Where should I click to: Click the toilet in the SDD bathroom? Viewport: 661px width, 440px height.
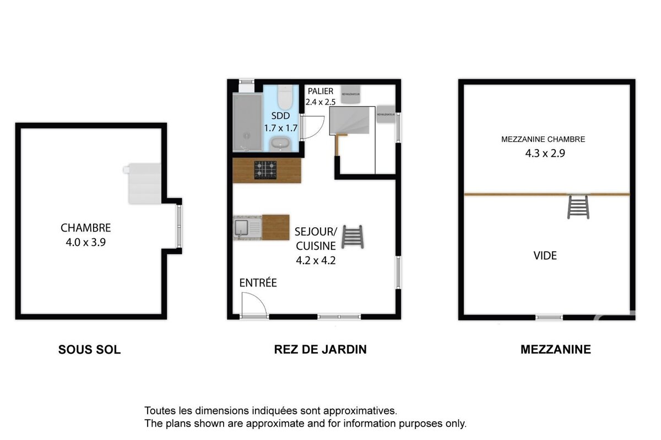click(285, 97)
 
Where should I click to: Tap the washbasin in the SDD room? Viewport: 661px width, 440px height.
click(281, 144)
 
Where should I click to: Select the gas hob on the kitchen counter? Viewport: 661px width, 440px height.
click(265, 170)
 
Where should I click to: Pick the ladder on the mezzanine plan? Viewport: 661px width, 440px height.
click(578, 207)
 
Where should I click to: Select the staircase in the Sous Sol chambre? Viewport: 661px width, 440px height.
click(143, 183)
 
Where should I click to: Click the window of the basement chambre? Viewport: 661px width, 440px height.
click(178, 226)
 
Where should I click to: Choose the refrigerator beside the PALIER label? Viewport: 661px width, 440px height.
click(350, 94)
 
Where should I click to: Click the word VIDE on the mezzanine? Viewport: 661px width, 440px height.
click(545, 256)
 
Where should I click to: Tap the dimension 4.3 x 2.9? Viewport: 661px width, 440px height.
click(545, 153)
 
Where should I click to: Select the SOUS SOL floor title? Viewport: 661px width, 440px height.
click(89, 349)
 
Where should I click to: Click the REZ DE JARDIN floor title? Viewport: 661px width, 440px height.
click(320, 349)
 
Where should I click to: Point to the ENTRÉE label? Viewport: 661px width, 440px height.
click(258, 283)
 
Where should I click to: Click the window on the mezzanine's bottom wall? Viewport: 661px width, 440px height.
click(549, 317)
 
